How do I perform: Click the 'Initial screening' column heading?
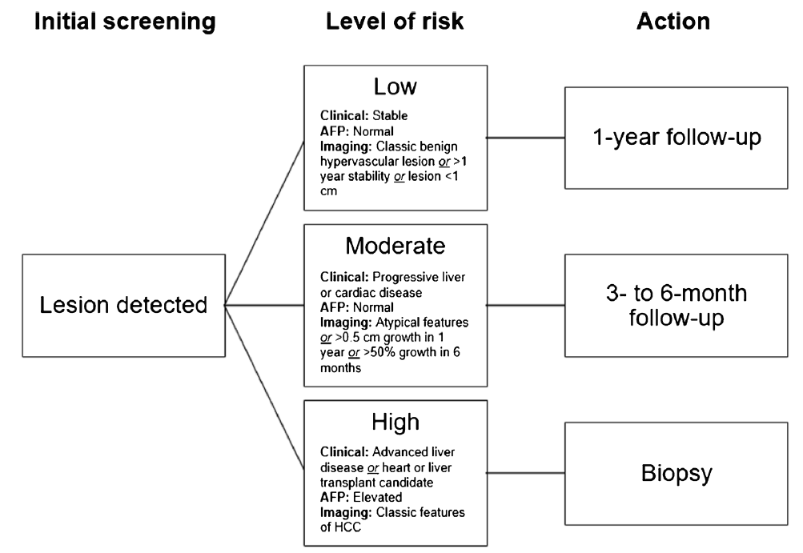125,22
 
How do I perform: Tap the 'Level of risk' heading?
395,22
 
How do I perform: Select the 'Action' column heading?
673,22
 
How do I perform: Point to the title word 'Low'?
395,86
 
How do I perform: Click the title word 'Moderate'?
395,246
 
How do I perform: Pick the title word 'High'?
395,422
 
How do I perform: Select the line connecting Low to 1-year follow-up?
526,138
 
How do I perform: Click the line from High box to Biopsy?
526,473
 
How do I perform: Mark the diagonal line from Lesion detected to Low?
265,222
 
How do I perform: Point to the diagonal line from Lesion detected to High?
265,387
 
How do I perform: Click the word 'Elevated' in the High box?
377,497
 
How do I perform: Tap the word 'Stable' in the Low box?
390,116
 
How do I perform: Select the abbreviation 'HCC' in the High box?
347,527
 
